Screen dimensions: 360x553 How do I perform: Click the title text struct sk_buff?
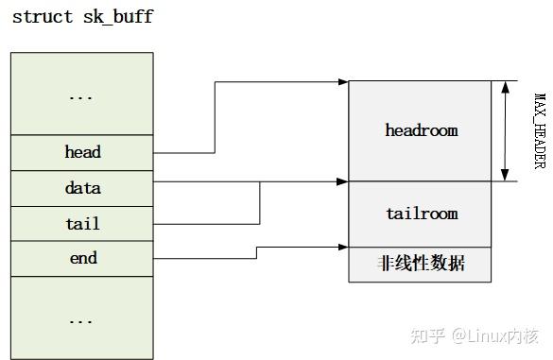[x=82, y=17]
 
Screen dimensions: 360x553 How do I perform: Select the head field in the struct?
[x=82, y=152]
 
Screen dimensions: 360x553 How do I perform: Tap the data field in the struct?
[x=82, y=188]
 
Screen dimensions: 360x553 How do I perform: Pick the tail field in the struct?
[x=82, y=224]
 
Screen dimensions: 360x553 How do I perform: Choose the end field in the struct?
[x=82, y=258]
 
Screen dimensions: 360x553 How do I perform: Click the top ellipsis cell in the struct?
[x=82, y=95]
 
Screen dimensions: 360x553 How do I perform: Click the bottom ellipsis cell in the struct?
[x=82, y=319]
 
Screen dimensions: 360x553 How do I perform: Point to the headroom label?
[x=421, y=130]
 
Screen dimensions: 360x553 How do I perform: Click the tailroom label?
[x=421, y=214]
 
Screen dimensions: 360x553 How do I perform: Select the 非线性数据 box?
[x=421, y=264]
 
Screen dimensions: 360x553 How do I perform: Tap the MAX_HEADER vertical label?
[x=540, y=130]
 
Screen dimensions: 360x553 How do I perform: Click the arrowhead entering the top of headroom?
[x=342, y=82]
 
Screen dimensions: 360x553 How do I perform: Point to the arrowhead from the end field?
[x=342, y=249]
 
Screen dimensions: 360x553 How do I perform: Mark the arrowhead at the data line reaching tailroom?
[x=342, y=181]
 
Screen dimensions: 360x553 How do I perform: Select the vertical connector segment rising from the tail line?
[x=260, y=202]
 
